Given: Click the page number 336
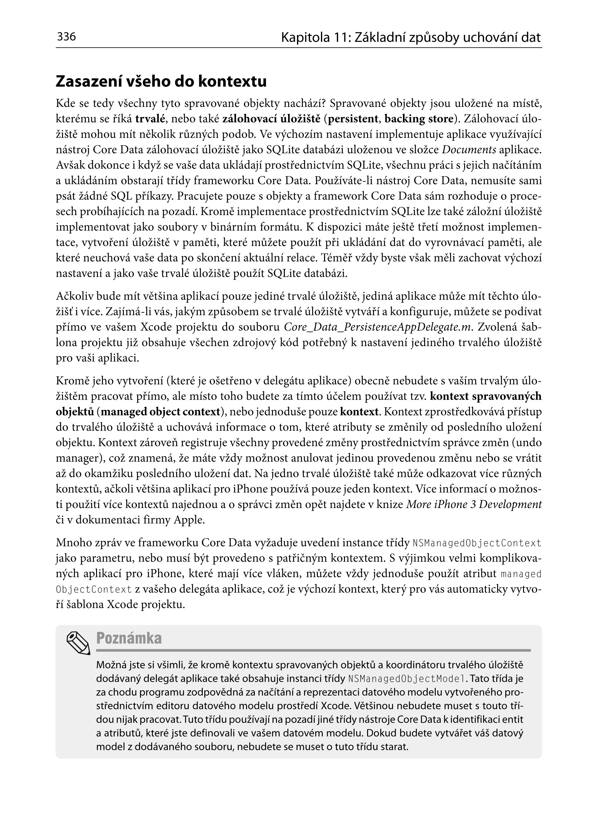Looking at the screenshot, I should tap(66, 36).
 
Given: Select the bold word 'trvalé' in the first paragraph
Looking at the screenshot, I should tap(150, 119).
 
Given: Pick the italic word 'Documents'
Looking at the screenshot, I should tap(469, 150).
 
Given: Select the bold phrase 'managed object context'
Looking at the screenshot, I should tap(160, 412).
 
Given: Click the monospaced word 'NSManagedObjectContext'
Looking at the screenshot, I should tap(477, 543).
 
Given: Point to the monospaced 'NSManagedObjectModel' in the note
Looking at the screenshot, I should tap(406, 679).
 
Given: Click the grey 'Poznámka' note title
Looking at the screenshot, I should tap(129, 638).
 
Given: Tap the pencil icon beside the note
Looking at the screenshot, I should tap(78, 643).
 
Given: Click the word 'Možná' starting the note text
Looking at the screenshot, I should tap(109, 665).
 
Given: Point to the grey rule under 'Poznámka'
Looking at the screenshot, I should tap(313, 650).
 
